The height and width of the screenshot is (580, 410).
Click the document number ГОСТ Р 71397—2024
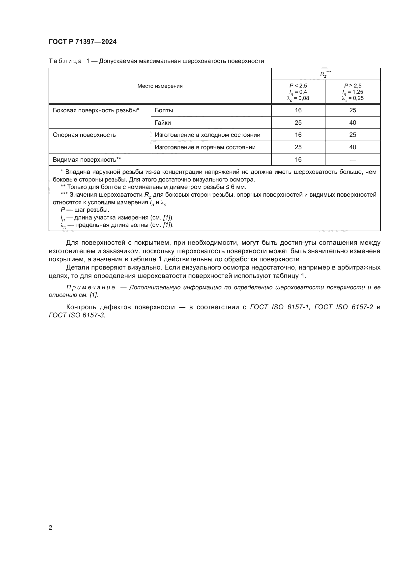click(83, 42)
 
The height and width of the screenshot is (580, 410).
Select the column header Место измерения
click(160, 86)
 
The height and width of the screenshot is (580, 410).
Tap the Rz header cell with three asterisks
click(325, 74)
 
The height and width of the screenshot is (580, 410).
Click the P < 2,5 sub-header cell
click(298, 92)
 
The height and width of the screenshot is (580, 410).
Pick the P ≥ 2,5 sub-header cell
click(352, 92)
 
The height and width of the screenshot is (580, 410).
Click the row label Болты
click(164, 110)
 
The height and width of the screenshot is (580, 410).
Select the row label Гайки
click(163, 122)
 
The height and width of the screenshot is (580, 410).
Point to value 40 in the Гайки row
click(352, 122)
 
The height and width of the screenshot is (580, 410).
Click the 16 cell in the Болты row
click(298, 110)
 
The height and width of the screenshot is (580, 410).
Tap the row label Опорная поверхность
click(84, 135)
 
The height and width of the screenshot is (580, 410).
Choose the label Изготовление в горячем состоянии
click(205, 147)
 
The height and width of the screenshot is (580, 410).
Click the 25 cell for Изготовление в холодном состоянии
click(352, 135)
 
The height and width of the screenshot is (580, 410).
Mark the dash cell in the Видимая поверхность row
click(352, 160)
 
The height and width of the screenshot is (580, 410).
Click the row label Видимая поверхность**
click(87, 160)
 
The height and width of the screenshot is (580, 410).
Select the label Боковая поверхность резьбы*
click(96, 110)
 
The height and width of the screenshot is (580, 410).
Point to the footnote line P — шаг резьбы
click(85, 210)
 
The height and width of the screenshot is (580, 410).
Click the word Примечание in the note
click(91, 287)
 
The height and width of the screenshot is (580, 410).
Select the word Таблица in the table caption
click(65, 61)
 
